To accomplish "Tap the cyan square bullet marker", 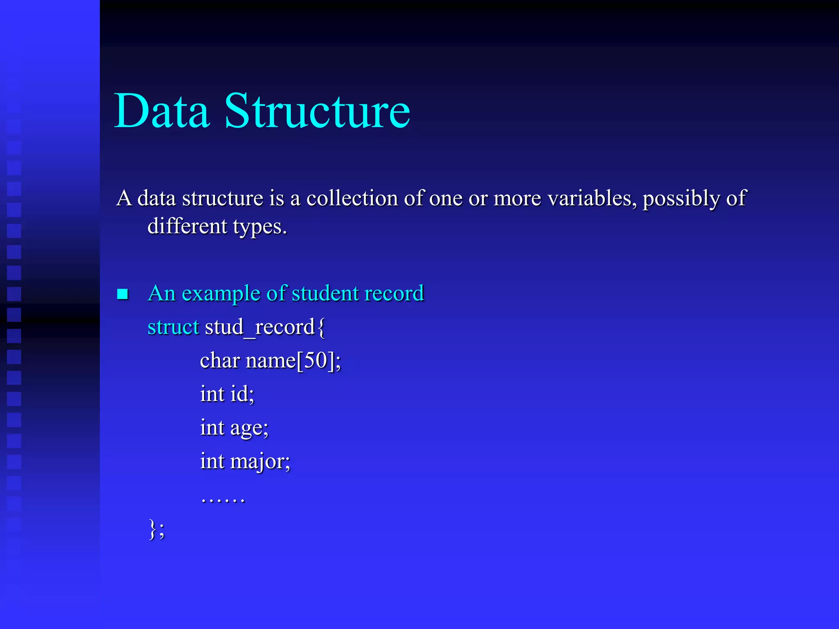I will tap(122, 294).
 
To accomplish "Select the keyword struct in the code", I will tap(173, 327).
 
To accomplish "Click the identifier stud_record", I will tap(259, 327).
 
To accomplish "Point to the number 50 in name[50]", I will tap(315, 360).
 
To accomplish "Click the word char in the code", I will tap(220, 361).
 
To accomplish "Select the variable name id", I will tap(240, 394).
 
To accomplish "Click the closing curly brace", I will tap(152, 529).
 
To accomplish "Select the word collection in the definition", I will tap(352, 199).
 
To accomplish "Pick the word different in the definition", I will tap(187, 226).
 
